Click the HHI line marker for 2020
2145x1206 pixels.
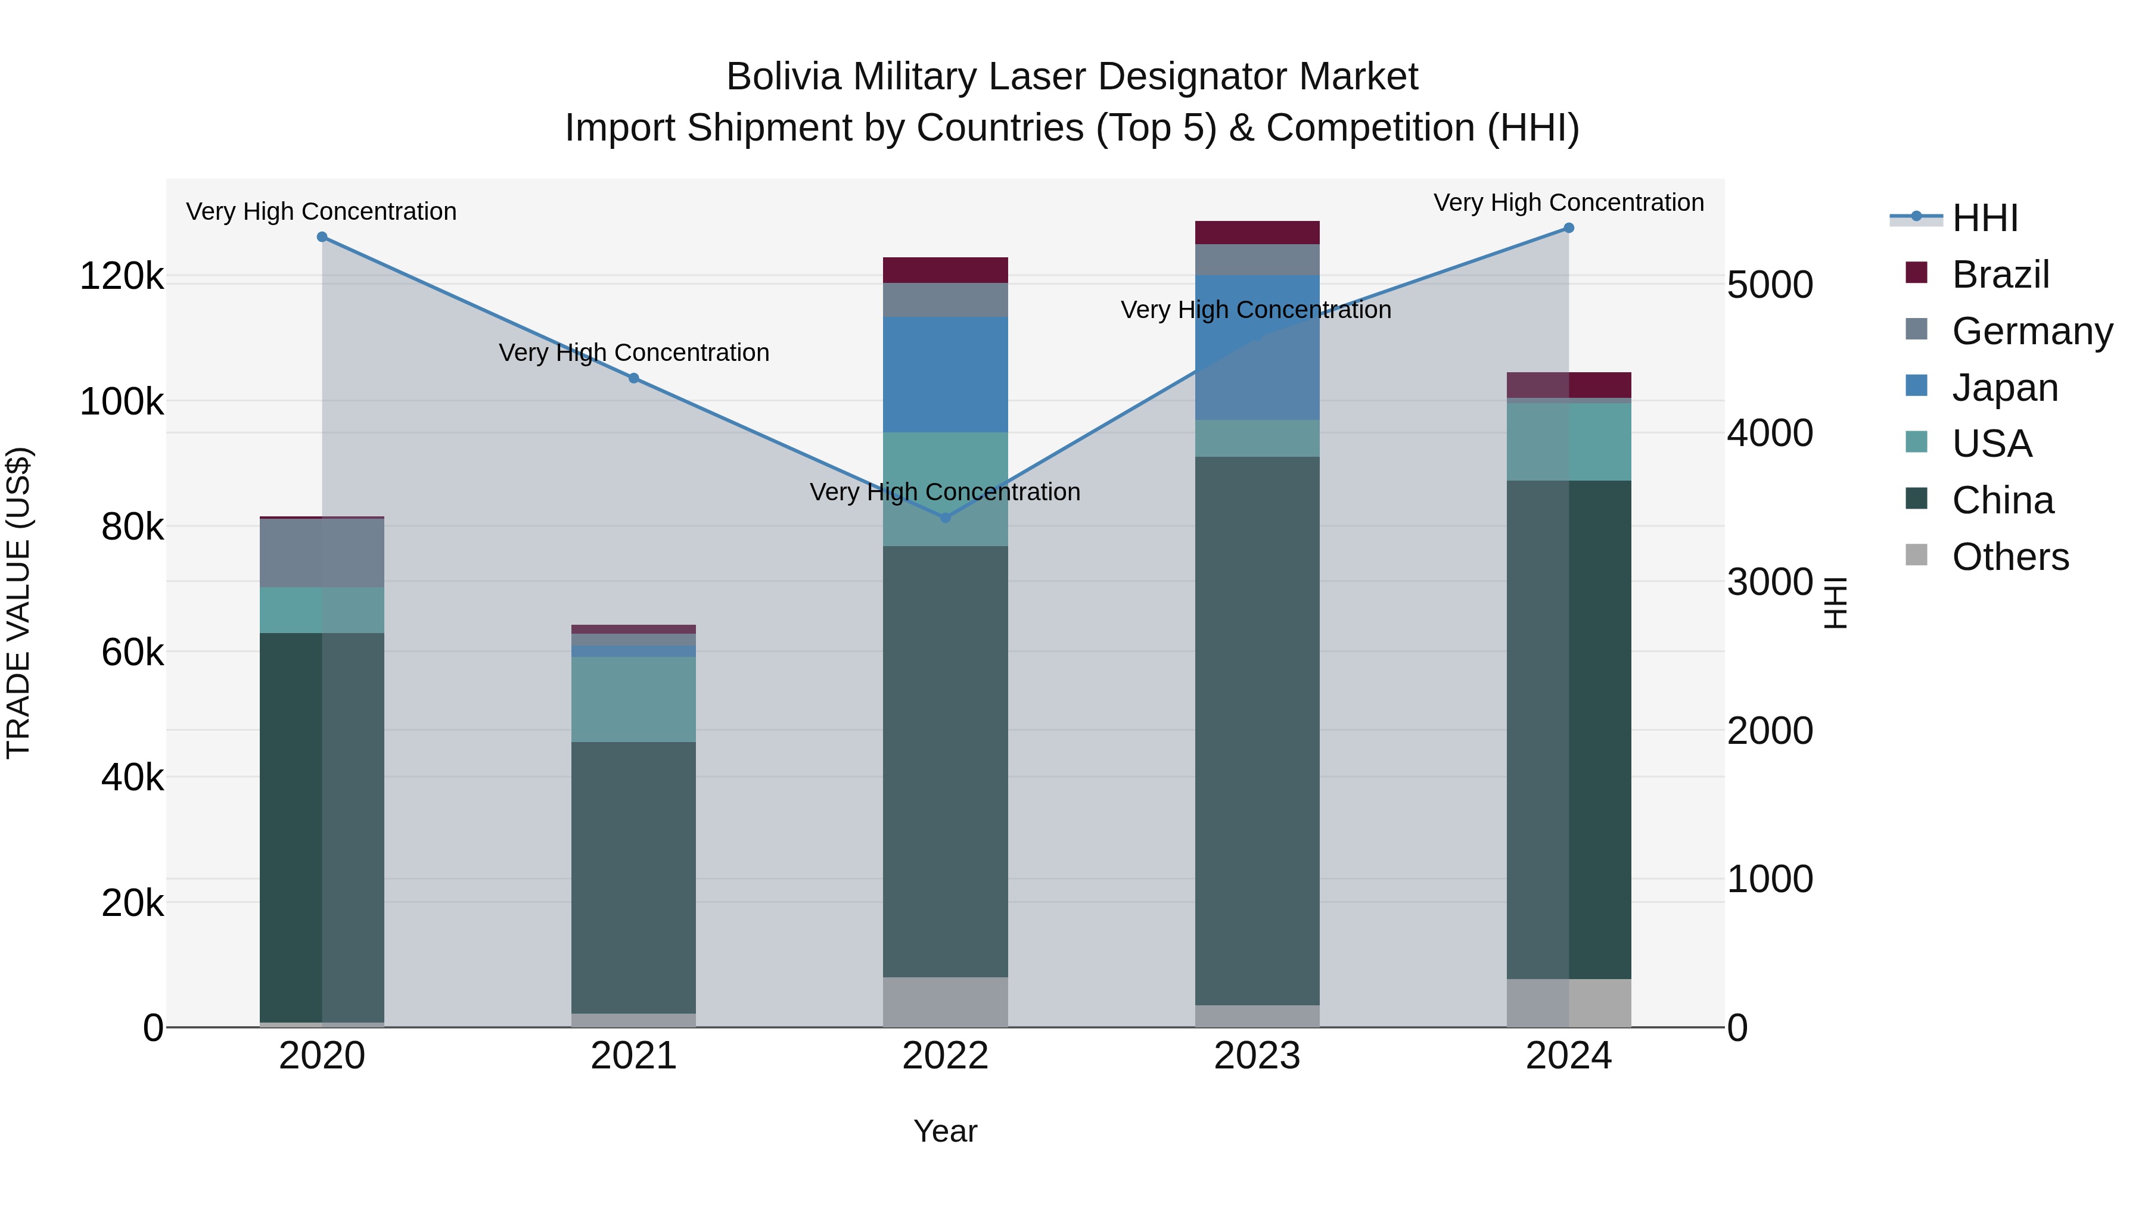pos(322,237)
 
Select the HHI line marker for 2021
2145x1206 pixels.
pos(634,379)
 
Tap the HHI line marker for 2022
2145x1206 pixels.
pos(945,518)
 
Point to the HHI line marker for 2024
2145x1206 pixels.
pos(1569,228)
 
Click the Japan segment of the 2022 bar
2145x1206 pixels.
pos(945,375)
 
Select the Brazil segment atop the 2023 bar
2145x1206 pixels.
pos(1257,232)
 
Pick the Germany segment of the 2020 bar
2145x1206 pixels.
pos(322,553)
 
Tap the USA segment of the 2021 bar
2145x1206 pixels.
pos(634,699)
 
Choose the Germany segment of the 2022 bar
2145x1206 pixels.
pos(945,300)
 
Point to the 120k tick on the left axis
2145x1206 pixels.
pos(122,276)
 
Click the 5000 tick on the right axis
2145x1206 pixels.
pos(1770,285)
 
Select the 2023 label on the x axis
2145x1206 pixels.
pos(1257,1056)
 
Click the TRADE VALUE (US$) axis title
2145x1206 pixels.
pos(18,603)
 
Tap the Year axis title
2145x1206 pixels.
pos(945,1131)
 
